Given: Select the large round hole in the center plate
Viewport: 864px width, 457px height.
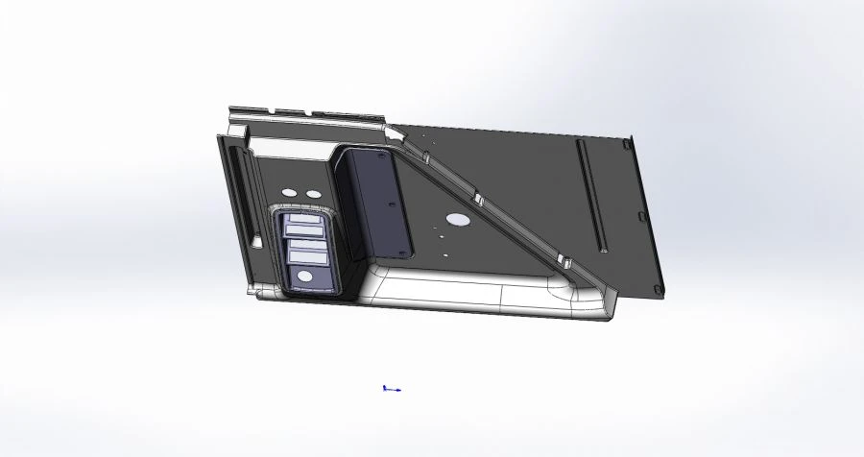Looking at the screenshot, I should [459, 220].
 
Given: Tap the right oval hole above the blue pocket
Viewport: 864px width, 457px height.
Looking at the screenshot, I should [313, 194].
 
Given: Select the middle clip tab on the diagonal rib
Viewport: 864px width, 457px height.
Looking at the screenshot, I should [477, 199].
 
